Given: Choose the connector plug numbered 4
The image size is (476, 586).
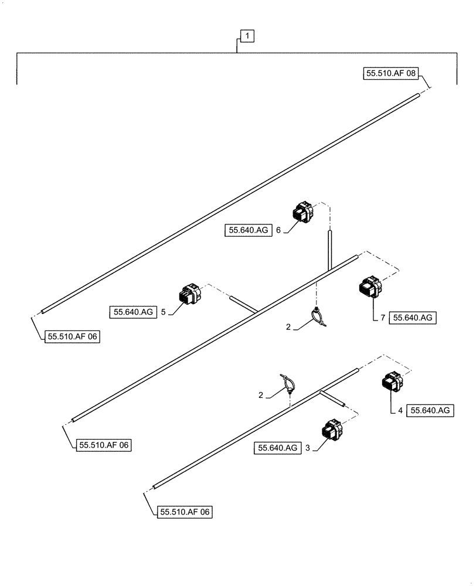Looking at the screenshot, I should [x=392, y=383].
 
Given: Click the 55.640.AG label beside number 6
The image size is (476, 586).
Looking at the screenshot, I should [x=247, y=231].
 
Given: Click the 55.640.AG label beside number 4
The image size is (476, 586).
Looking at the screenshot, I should [x=430, y=411].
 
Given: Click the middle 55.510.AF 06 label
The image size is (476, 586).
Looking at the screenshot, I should [x=103, y=445].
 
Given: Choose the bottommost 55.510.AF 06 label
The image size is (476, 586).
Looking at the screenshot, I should [x=184, y=512].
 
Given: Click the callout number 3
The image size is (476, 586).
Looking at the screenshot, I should [x=307, y=448].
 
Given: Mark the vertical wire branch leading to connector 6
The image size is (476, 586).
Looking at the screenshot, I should [x=329, y=249].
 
